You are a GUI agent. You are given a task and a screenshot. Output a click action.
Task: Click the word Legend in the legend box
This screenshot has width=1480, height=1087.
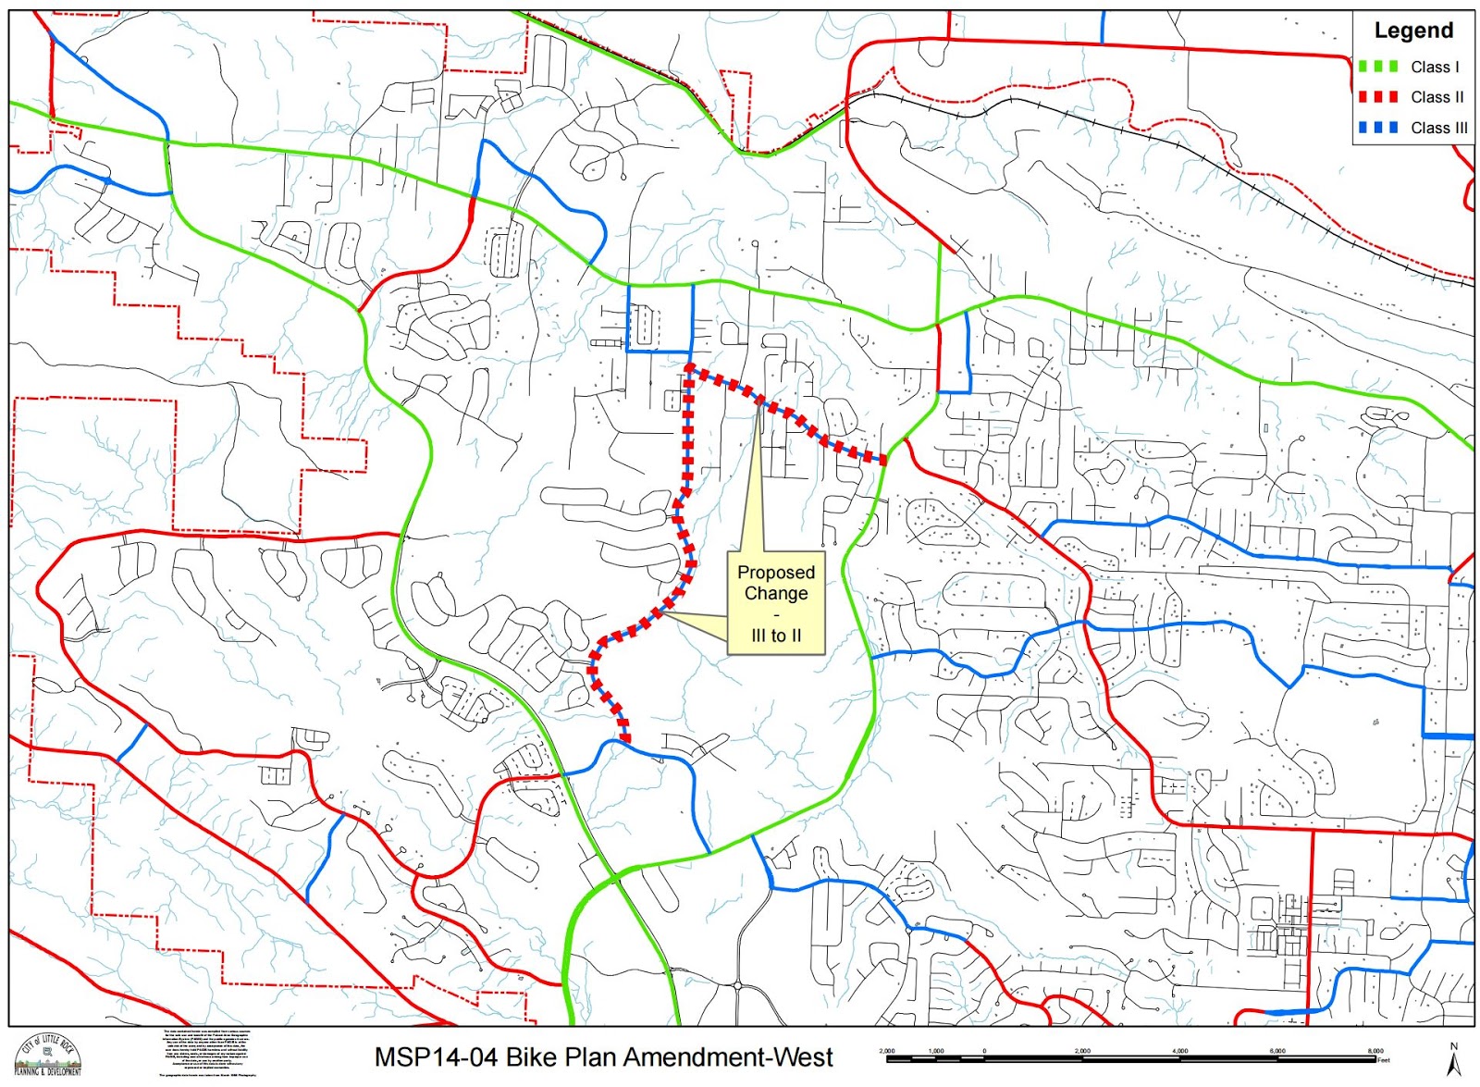(x=1413, y=31)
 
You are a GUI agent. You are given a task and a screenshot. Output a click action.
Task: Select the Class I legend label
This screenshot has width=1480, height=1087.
(x=1435, y=67)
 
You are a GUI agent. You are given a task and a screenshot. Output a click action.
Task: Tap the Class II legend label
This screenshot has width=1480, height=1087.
(x=1437, y=97)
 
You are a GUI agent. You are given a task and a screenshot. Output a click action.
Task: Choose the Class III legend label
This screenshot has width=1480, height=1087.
(x=1438, y=128)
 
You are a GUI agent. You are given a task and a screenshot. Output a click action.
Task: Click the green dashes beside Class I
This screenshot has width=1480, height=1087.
(x=1377, y=67)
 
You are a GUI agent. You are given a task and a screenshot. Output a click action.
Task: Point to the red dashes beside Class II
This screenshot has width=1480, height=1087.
(x=1377, y=97)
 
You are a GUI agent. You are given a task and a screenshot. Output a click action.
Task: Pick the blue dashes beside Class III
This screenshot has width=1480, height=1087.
(x=1377, y=128)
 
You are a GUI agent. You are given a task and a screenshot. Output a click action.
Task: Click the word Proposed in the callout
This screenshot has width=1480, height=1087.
(x=776, y=573)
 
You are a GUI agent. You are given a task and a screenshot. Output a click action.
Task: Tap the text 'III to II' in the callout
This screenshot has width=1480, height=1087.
(x=776, y=636)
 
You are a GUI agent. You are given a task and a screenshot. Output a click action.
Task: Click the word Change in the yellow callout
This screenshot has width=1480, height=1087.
(x=776, y=594)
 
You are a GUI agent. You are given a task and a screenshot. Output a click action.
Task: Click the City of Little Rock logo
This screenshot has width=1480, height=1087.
(x=47, y=1056)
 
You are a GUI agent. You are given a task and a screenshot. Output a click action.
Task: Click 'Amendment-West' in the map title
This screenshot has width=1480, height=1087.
(x=729, y=1057)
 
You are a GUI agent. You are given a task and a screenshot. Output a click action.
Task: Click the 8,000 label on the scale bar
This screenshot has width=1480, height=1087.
(x=1375, y=1051)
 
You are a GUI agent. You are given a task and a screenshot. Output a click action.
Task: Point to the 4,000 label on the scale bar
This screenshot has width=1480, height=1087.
(x=1179, y=1051)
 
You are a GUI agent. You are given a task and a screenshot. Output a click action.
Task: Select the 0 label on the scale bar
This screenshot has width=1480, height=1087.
(x=984, y=1051)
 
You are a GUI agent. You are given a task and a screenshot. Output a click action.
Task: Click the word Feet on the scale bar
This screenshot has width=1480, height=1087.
(x=1384, y=1060)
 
